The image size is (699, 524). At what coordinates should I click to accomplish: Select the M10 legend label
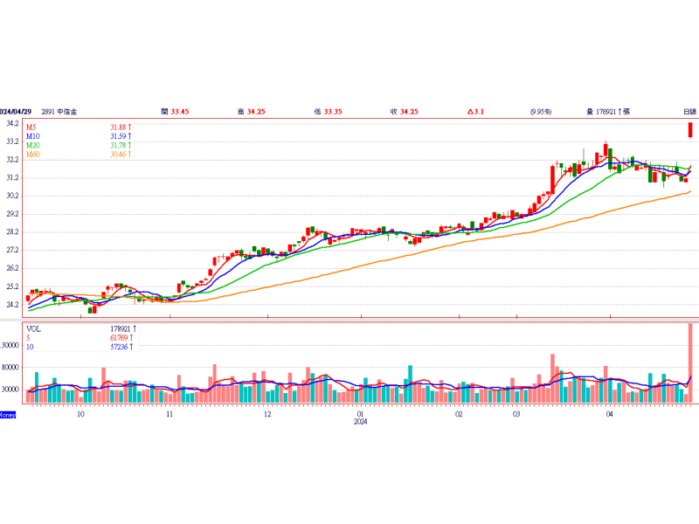(34, 136)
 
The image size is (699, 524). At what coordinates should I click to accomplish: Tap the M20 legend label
(34, 146)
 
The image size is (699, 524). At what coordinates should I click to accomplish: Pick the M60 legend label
(34, 155)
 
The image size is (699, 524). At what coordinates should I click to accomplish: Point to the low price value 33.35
(333, 112)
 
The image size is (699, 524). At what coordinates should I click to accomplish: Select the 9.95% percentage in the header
(540, 112)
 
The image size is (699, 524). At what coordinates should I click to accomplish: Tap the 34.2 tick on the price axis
(12, 123)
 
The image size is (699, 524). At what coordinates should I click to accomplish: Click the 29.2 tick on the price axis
(12, 214)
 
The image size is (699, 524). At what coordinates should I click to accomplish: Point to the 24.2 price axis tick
(12, 305)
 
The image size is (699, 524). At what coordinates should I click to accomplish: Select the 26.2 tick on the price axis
(12, 268)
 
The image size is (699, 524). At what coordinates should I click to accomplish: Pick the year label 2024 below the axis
(361, 422)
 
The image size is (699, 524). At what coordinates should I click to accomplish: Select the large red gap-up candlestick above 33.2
(690, 129)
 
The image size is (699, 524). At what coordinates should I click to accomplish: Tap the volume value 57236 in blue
(120, 347)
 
